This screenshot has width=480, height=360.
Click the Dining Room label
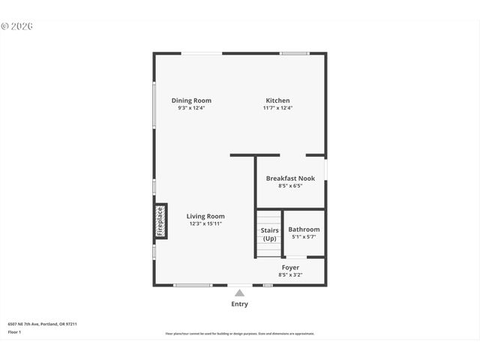click(191, 100)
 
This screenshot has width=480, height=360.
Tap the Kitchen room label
click(277, 100)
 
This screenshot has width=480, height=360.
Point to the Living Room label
click(205, 216)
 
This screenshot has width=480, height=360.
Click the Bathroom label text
click(304, 229)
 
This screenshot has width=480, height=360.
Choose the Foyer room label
click(290, 268)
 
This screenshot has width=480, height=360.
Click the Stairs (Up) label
click(270, 234)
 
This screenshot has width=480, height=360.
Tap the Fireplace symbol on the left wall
click(160, 221)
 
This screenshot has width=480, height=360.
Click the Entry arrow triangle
click(239, 292)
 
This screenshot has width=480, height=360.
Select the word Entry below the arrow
click(239, 304)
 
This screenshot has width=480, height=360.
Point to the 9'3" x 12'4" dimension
click(191, 108)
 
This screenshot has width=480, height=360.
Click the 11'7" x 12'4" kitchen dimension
click(277, 108)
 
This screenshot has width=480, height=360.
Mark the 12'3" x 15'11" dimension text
click(205, 223)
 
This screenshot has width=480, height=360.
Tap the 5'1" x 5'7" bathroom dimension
click(304, 237)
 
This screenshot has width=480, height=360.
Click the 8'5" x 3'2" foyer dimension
click(290, 275)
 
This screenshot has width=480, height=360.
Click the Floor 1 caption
click(15, 331)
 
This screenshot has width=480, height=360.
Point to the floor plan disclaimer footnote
click(240, 334)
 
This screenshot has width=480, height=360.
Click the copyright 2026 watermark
click(17, 26)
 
